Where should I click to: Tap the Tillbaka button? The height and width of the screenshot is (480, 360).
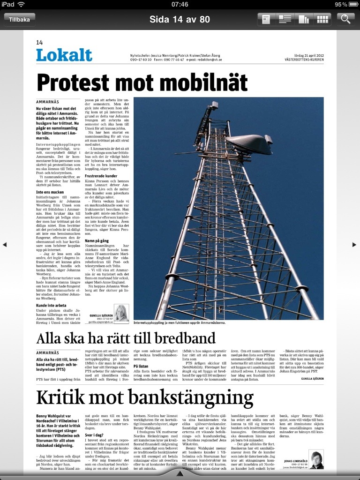[19, 19]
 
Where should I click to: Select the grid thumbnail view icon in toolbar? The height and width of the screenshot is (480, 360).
[322, 19]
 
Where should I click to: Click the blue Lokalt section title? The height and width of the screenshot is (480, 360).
[64, 55]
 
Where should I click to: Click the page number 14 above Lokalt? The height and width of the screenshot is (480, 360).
[39, 43]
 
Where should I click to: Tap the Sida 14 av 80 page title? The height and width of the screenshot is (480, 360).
[180, 19]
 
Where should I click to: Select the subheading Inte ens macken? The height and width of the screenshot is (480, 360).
[51, 192]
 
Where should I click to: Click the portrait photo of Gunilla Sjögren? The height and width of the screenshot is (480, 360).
[121, 313]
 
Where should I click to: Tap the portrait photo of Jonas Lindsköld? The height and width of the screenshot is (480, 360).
[316, 460]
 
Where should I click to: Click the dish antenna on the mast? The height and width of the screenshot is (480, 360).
[248, 145]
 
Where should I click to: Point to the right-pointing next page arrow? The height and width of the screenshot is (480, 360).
[354, 244]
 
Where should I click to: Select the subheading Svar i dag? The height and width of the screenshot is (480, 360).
[94, 435]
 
